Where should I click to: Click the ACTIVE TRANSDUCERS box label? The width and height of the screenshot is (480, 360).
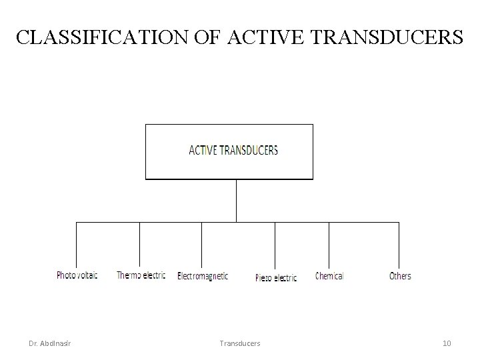click(233, 150)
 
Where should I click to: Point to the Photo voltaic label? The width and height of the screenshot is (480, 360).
click(77, 275)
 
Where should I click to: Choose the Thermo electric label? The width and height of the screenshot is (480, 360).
click(141, 275)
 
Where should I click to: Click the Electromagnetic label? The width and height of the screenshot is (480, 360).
click(203, 275)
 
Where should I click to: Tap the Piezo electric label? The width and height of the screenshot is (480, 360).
click(276, 277)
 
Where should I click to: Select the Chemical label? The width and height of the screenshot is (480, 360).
click(329, 275)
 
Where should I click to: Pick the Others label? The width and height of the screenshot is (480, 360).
click(400, 275)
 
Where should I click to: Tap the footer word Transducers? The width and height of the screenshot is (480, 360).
click(239, 343)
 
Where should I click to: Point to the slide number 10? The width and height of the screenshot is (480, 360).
click(447, 343)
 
